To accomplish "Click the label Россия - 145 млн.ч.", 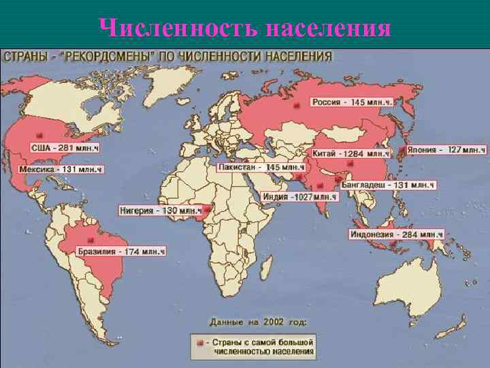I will click(353, 102).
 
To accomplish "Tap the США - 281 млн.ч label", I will click(65, 147).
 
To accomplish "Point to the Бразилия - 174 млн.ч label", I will click(121, 251).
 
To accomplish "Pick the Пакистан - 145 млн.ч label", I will click(261, 167).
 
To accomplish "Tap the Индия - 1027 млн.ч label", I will click(299, 196).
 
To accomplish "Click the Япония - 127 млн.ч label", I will click(446, 149).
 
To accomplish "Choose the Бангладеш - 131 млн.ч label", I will click(387, 185).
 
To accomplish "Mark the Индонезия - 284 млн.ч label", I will click(396, 234).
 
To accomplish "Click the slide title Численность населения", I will click(245, 28).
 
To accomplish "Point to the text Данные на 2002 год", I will click(258, 320).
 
